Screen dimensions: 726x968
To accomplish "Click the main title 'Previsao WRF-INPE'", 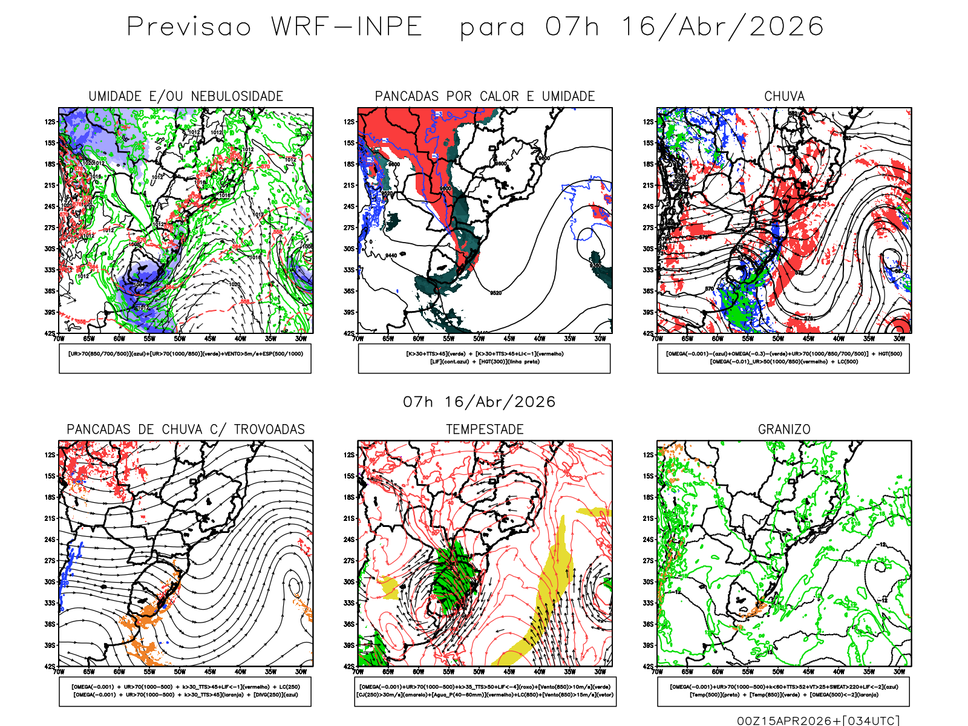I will coord(275,27).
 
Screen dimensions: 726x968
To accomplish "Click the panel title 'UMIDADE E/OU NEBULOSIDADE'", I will coord(186,96).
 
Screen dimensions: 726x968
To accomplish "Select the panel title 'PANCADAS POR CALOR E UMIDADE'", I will coord(485,96).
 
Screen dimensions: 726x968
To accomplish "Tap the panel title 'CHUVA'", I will coord(784,96).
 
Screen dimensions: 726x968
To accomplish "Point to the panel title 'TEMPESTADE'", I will coord(485,430).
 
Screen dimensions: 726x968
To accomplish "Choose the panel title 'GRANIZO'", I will coord(784,430).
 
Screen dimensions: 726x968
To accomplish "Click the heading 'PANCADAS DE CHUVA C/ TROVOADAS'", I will coord(186,430).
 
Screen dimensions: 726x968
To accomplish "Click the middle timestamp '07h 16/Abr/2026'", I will coord(479,402).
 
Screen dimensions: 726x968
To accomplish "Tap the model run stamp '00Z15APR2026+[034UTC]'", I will coord(818,721).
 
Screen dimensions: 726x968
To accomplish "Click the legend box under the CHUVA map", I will coord(783,358).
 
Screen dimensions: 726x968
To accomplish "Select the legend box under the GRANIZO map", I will coord(783,691).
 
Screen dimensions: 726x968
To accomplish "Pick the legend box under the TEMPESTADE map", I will coord(485,691).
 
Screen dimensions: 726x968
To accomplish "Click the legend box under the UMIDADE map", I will coord(185,358).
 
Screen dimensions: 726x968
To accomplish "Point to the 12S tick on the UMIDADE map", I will coord(50,122).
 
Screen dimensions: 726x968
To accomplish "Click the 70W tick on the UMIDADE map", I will coord(59,339).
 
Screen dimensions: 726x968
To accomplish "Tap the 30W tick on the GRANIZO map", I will coord(900,672).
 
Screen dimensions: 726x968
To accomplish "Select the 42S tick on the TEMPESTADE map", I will coord(348,667).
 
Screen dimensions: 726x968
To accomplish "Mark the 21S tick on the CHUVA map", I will coord(648,185).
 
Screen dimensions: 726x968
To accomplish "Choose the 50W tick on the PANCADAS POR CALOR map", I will coord(479,339).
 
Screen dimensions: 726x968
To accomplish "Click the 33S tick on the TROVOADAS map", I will coord(50,603).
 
